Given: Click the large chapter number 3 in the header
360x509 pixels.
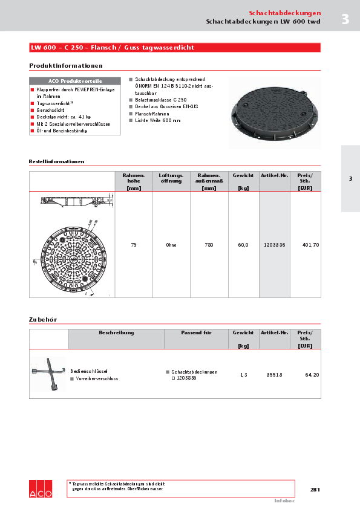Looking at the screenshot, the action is [345, 19].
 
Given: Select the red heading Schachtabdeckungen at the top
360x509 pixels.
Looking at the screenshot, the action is [285, 13].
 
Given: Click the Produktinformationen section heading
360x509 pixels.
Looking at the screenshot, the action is [66, 65].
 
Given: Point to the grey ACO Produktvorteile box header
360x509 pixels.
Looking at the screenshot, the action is [75, 81].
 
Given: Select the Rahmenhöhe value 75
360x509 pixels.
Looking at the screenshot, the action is [133, 245].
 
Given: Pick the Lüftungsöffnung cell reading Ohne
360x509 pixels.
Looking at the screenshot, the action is [171, 245].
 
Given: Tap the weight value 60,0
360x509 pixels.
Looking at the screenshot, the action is [243, 245].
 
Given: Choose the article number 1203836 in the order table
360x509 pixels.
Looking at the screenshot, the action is [275, 245].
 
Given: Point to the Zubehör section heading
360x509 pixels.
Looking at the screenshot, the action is [43, 319].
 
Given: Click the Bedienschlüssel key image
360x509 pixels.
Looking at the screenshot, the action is [48, 374].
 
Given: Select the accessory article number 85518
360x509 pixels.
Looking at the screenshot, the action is [275, 375].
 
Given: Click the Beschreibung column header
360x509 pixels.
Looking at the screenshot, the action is [116, 332].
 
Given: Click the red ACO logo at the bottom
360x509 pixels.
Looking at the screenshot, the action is [41, 489].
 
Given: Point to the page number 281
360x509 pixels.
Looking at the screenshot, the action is [315, 489].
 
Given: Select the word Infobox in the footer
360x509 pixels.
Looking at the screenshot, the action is [284, 501].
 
